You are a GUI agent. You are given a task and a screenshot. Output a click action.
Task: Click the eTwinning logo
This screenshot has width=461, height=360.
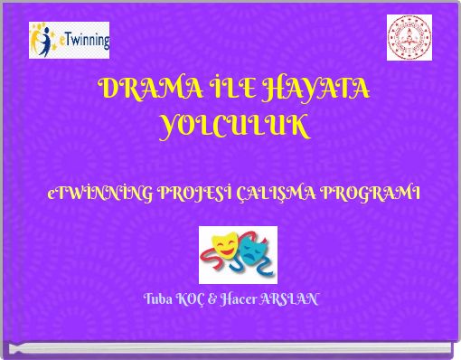[70, 41]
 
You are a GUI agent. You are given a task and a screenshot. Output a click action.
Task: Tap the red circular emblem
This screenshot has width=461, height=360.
[409, 39]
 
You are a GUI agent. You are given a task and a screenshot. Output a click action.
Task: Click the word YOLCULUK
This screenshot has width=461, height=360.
[233, 127]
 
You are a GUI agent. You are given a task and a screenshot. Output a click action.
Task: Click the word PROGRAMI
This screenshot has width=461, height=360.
[371, 193]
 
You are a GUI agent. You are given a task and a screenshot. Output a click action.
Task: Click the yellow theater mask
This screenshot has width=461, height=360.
[225, 245]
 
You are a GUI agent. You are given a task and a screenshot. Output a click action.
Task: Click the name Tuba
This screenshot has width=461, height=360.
[159, 298]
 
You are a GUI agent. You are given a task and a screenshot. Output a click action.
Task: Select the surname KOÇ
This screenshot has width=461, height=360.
[192, 298]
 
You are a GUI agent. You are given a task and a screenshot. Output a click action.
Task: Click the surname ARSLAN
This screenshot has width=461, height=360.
[289, 298]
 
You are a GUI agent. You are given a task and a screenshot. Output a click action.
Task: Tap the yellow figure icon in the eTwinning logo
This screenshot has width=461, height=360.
[42, 38]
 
